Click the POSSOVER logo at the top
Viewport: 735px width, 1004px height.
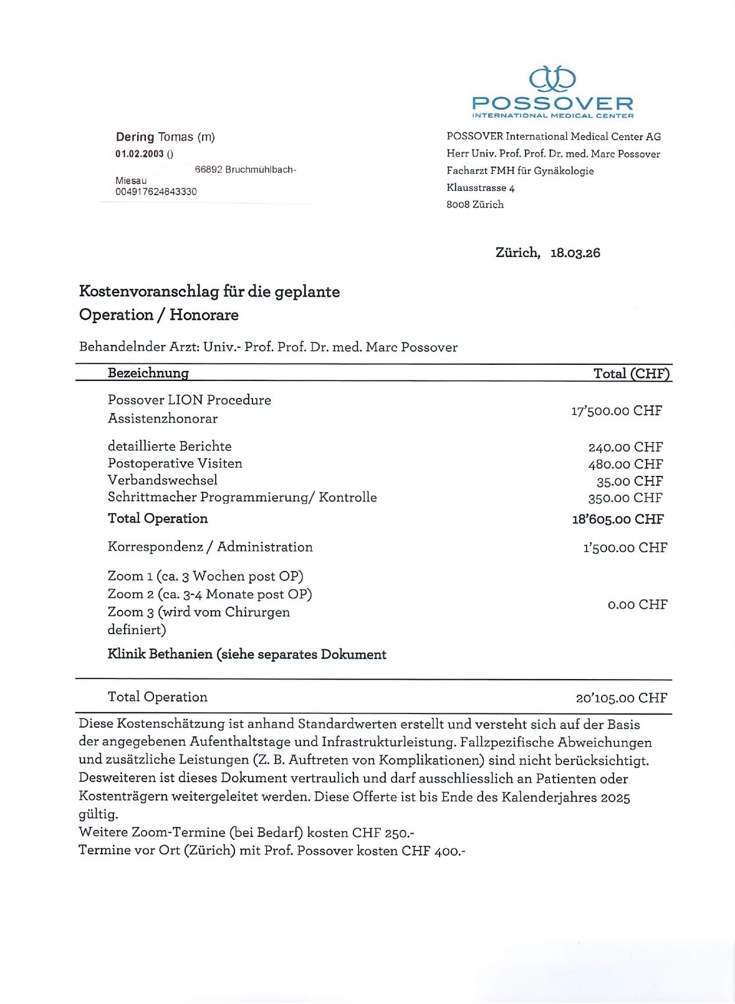pos(552,92)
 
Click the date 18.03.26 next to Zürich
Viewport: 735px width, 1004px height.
pos(575,253)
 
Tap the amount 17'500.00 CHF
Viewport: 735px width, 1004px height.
pos(616,410)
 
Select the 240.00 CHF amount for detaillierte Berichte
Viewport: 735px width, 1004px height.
pos(625,447)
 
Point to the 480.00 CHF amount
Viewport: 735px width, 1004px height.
pos(625,464)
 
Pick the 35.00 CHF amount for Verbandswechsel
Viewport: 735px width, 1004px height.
pos(629,481)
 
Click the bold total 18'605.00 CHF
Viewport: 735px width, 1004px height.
pos(618,519)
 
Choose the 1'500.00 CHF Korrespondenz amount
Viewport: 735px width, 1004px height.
pos(625,548)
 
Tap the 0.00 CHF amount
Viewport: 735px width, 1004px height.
pos(637,604)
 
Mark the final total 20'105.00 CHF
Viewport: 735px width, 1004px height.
pos(621,698)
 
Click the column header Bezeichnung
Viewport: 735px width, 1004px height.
pos(148,373)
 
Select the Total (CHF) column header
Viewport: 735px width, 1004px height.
pos(631,374)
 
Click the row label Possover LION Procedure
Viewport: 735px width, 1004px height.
pos(189,400)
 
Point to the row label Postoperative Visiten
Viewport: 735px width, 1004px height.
pos(175,463)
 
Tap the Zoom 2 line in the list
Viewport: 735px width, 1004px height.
pos(209,594)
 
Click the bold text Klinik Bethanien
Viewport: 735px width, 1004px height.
pos(160,654)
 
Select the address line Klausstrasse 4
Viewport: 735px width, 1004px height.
pos(480,188)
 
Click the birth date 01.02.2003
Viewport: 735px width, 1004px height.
pos(140,154)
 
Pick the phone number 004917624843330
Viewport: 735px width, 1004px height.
pos(156,191)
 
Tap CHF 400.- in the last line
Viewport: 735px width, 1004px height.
pos(433,851)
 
